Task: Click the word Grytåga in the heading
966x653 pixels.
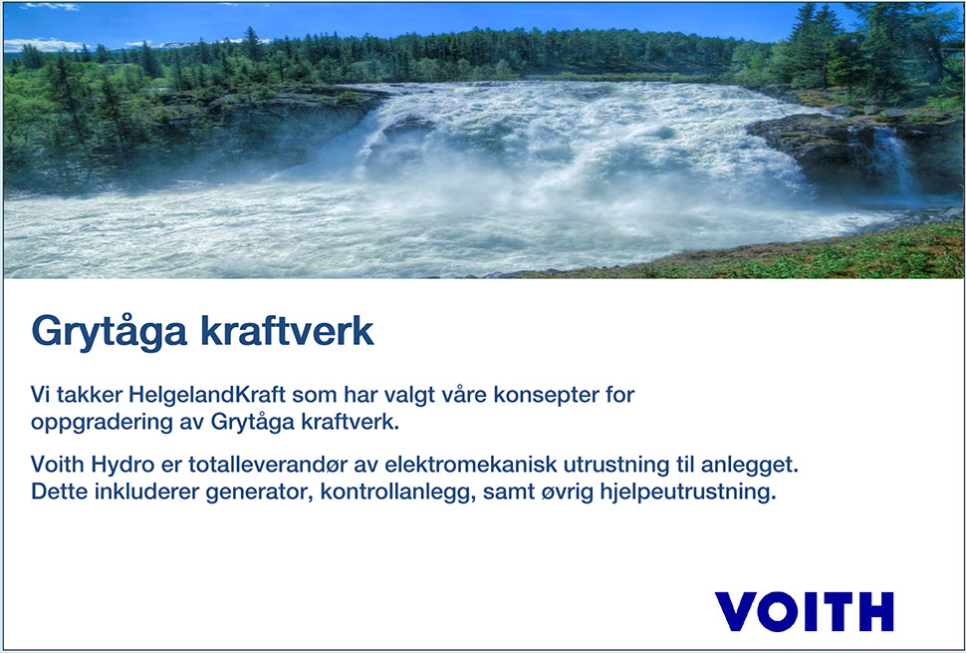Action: [109, 332]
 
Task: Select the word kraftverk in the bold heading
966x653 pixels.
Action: [287, 330]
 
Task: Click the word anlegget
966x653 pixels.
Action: [754, 466]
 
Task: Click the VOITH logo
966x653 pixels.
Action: [804, 611]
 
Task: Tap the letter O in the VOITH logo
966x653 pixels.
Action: [776, 611]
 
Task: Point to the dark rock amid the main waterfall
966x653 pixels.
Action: [407, 129]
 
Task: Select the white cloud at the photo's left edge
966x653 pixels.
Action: [41, 45]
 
